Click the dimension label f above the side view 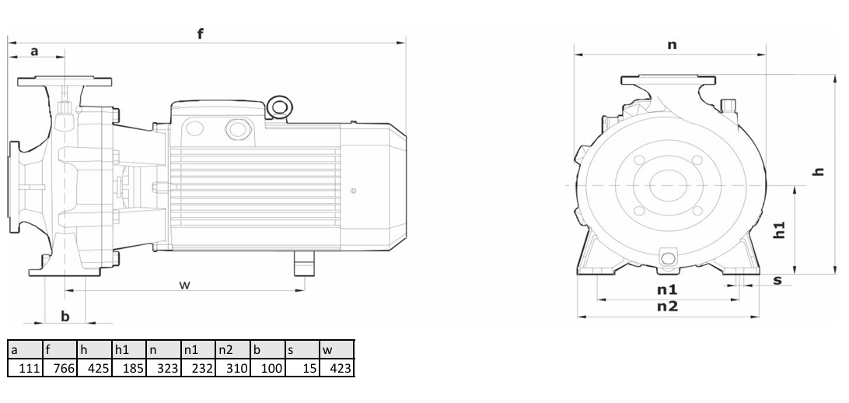point(201,33)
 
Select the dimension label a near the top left point(34,51)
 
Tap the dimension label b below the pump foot point(65,316)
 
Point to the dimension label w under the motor point(185,285)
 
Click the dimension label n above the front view point(672,44)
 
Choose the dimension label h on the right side point(819,171)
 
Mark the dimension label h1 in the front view point(778,230)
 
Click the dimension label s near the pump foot point(777,280)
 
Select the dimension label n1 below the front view point(667,289)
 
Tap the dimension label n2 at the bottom point(667,307)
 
